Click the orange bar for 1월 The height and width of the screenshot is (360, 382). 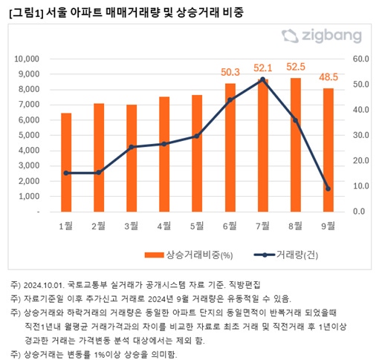pos(66,162)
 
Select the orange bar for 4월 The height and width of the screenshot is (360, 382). pos(164,154)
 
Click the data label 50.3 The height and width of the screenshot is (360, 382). pos(230,72)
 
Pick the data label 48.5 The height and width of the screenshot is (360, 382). pos(328,76)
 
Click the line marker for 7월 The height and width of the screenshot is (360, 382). pos(262,79)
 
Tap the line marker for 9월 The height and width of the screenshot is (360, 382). pos(328,189)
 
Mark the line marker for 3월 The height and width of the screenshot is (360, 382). pos(132,147)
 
